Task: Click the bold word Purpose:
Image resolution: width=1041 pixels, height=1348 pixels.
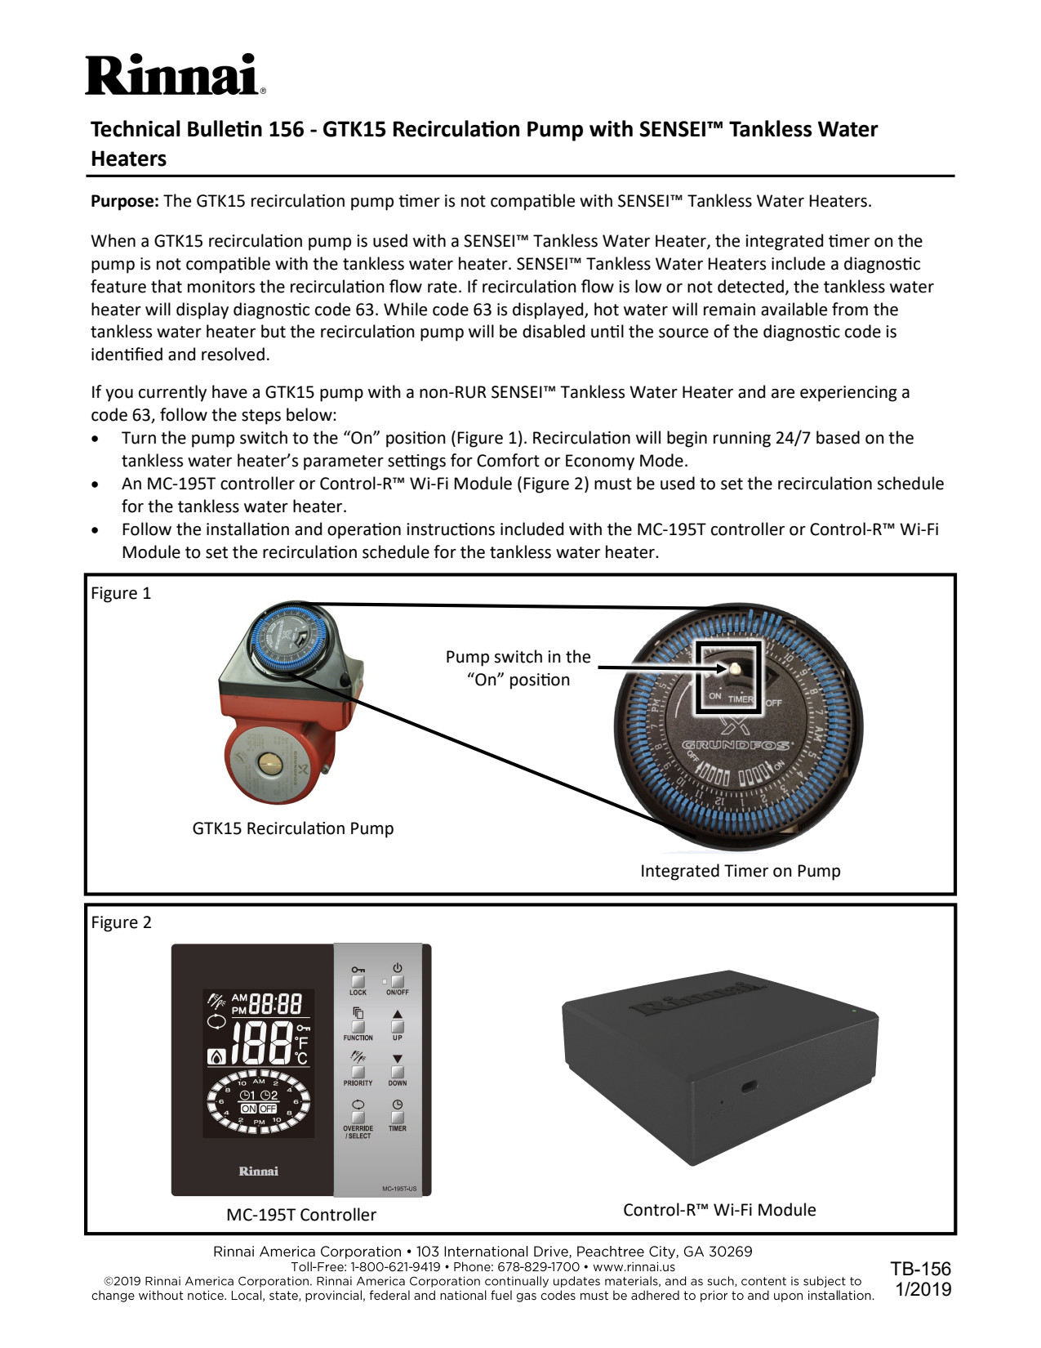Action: [x=125, y=202]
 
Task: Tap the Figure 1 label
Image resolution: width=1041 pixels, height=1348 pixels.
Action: [x=121, y=594]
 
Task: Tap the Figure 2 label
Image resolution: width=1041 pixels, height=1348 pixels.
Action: [x=121, y=923]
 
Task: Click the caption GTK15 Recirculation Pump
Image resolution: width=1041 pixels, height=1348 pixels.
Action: [x=292, y=828]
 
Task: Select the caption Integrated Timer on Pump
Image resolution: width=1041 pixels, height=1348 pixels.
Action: [x=740, y=871]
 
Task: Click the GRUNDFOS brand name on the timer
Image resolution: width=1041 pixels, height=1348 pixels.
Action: [x=736, y=745]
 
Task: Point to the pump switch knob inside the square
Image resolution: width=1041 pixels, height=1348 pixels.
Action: [x=734, y=668]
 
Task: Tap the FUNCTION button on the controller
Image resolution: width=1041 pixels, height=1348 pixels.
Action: [x=358, y=1026]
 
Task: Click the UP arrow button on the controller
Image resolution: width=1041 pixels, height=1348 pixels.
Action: [x=398, y=1026]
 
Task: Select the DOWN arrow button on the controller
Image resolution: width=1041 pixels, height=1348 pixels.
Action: [x=398, y=1071]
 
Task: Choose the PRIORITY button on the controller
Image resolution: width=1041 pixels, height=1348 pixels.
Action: [x=358, y=1071]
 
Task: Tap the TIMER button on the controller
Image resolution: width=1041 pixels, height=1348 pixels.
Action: [x=398, y=1117]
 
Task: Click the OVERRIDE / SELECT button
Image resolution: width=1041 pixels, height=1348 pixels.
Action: [x=358, y=1117]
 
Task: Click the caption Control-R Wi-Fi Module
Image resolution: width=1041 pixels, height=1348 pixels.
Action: [x=719, y=1210]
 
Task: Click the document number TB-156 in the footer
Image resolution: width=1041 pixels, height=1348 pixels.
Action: [x=921, y=1269]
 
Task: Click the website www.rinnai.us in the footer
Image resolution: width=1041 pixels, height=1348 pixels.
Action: [x=634, y=1267]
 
